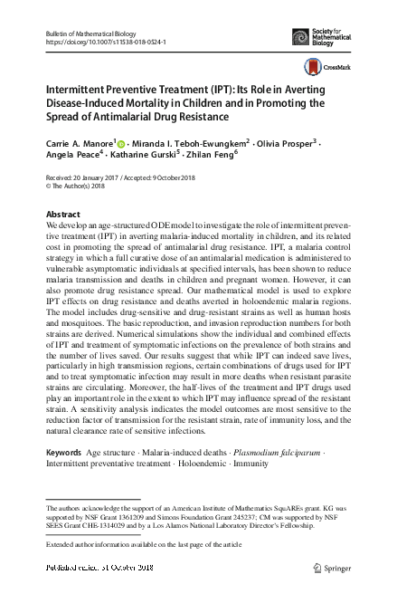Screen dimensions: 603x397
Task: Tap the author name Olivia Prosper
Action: point(287,143)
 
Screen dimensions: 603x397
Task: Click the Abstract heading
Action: point(62,214)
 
